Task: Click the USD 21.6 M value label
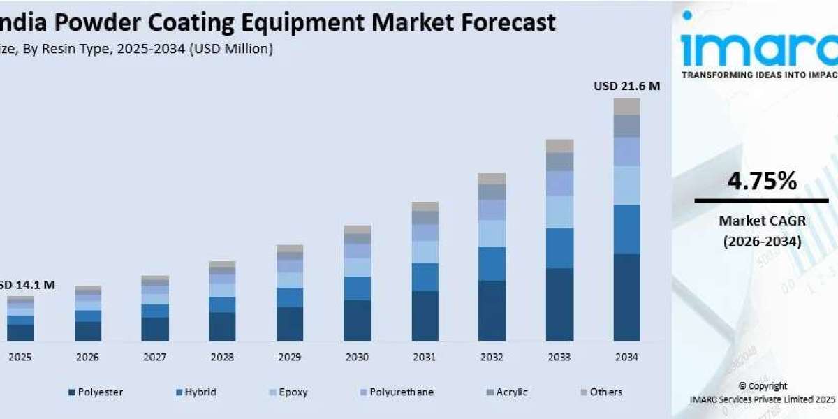pos(626,86)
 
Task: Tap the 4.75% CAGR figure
pos(762,182)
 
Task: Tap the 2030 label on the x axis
pos(357,357)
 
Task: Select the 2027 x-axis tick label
pos(154,357)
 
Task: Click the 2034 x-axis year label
pos(626,357)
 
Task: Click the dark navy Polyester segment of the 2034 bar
pos(626,297)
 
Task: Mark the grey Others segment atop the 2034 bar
pos(626,106)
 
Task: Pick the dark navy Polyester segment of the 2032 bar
pos(492,311)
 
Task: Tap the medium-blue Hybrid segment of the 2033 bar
pos(559,248)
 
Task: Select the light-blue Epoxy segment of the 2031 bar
pos(425,252)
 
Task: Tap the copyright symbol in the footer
pos(742,386)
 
